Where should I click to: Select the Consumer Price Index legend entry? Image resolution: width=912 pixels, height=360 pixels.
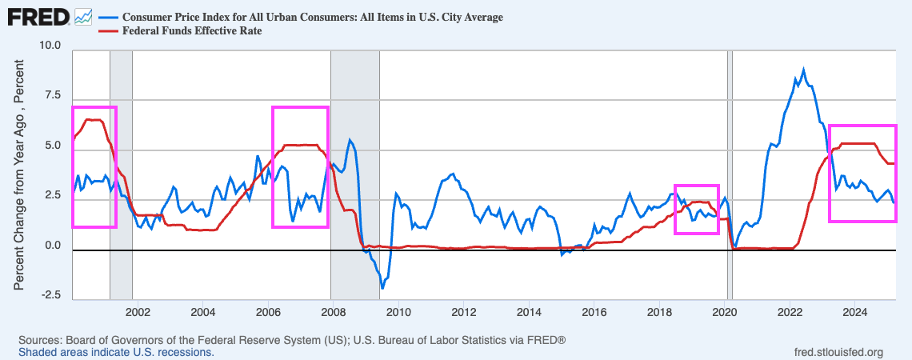click(x=311, y=17)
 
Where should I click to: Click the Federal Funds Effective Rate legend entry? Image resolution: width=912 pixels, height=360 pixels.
click(x=191, y=31)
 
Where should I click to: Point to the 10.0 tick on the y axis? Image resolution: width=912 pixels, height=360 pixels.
click(x=51, y=46)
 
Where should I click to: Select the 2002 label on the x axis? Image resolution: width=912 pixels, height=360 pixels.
click(x=137, y=310)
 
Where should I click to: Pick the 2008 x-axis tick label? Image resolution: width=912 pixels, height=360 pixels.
click(x=333, y=310)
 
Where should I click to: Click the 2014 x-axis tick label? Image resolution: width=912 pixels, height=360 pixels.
click(x=529, y=310)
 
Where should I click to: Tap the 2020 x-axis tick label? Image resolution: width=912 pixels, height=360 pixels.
click(x=725, y=310)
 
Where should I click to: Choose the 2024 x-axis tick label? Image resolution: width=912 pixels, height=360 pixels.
click(x=855, y=310)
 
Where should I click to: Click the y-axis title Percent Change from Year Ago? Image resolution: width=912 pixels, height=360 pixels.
click(x=19, y=184)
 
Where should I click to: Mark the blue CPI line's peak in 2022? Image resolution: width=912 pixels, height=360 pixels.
click(x=803, y=70)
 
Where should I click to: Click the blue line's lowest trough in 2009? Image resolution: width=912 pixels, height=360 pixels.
click(x=382, y=287)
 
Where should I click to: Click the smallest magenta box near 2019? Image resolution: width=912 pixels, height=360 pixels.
click(x=696, y=209)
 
